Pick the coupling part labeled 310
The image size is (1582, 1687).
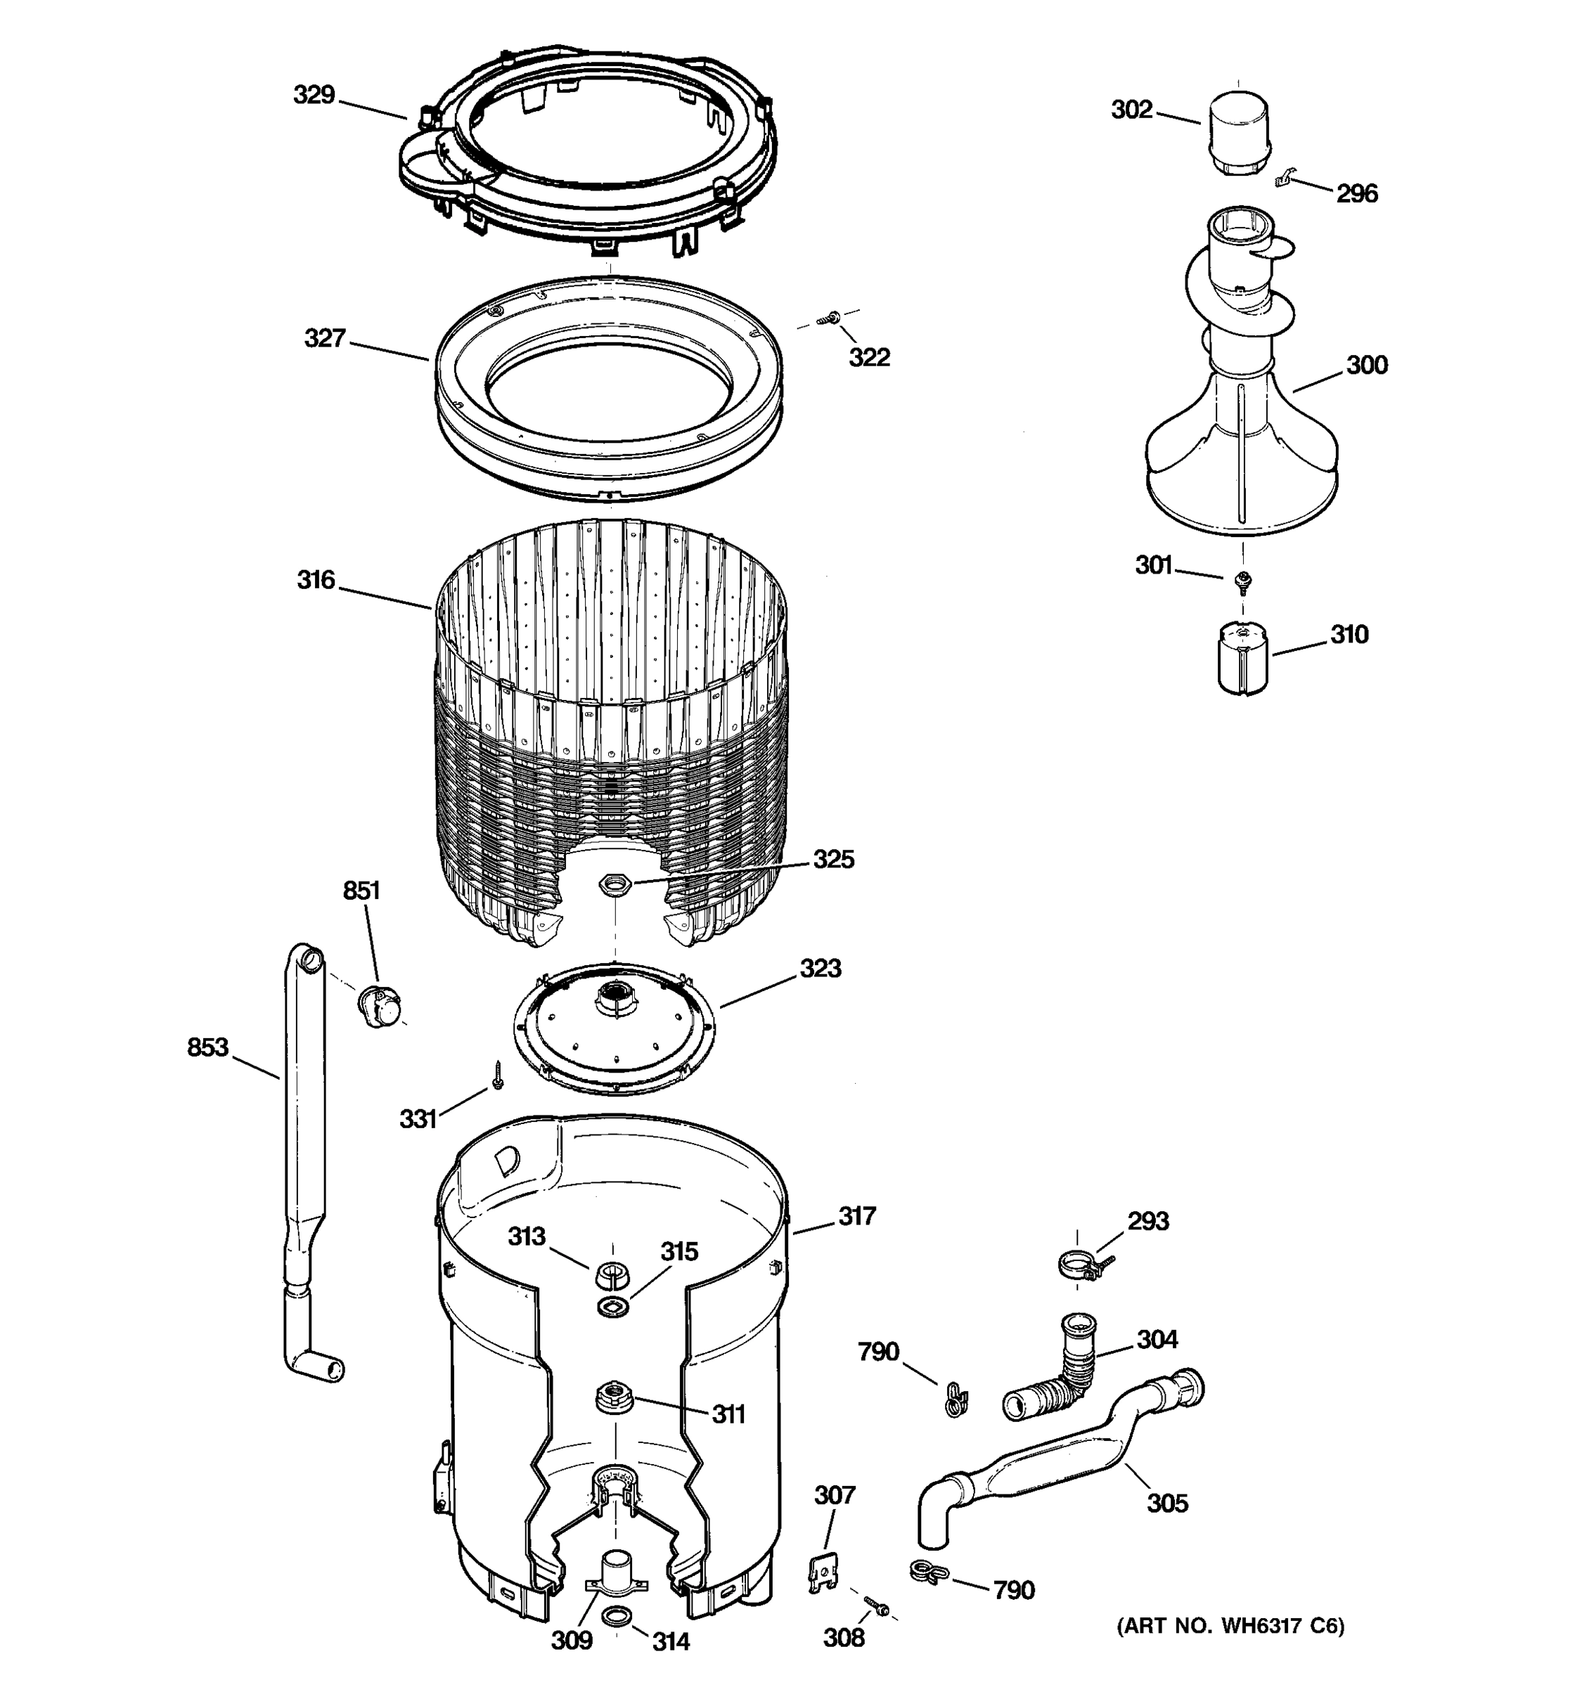click(x=1242, y=659)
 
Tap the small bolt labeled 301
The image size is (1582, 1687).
click(x=1243, y=580)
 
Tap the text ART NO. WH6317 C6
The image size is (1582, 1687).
click(x=1230, y=1626)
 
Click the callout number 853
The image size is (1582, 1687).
click(x=208, y=1047)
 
